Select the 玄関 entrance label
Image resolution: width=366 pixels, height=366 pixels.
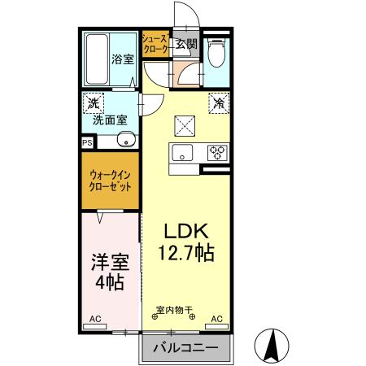click(186, 44)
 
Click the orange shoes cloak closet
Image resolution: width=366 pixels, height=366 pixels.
click(155, 44)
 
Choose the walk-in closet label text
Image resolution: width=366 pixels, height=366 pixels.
click(111, 180)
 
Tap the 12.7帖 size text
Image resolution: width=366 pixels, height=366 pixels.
click(186, 253)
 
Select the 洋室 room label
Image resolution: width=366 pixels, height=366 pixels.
click(107, 262)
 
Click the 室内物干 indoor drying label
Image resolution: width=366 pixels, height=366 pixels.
click(174, 309)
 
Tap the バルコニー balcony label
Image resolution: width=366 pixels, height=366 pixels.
click(186, 347)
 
